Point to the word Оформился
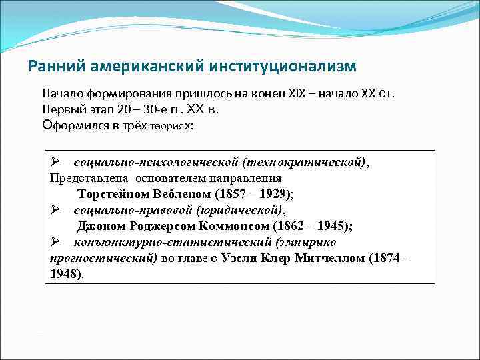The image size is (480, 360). pos(73,125)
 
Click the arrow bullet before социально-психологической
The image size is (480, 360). pos(56,163)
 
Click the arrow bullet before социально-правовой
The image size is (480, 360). pos(56,210)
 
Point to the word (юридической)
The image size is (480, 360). pos(241,210)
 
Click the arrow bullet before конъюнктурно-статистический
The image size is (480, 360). pos(56,242)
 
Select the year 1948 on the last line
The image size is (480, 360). pos(64,274)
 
